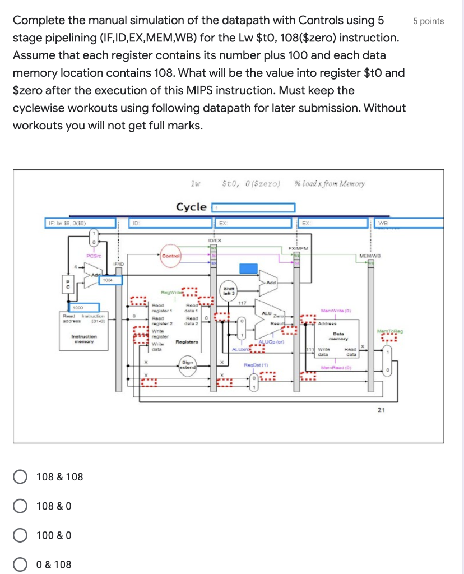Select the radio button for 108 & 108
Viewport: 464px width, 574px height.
tap(20, 477)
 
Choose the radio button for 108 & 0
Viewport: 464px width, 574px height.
tap(20, 506)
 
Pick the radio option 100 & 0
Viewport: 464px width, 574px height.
tap(20, 535)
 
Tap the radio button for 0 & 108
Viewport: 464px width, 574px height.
tap(20, 564)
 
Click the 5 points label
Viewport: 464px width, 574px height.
tap(428, 21)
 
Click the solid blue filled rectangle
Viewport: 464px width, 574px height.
tap(249, 268)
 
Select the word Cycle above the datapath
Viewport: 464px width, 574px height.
tap(192, 207)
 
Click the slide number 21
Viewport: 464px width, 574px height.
tap(381, 410)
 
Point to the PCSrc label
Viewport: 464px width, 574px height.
tap(93, 255)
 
